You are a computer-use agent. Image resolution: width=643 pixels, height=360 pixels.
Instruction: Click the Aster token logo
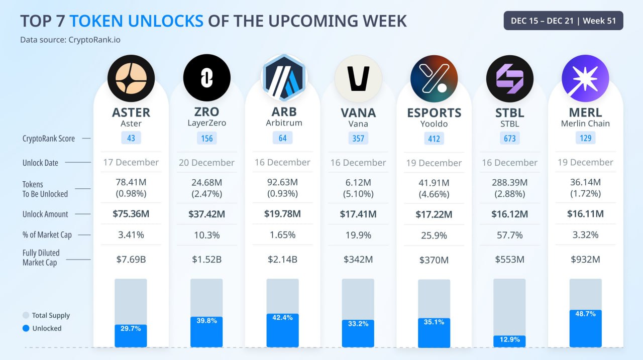131,78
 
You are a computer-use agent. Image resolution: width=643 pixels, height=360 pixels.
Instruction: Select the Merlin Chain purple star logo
585,78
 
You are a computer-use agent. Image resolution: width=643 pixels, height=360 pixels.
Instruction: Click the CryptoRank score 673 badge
509,138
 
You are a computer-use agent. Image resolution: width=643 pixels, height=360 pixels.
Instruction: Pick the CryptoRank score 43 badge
131,138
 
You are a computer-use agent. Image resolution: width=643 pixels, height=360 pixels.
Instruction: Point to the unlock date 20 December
206,163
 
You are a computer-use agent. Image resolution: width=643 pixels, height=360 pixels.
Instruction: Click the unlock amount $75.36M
131,214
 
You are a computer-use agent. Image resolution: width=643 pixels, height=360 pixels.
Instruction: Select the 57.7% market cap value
509,235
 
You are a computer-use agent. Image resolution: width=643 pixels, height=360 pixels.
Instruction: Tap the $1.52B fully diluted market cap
206,260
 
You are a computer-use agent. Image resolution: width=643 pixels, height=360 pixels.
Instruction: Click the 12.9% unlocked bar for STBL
509,341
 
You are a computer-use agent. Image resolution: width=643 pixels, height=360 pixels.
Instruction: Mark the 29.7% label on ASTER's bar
131,328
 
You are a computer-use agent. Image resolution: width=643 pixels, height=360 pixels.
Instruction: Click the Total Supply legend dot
26,315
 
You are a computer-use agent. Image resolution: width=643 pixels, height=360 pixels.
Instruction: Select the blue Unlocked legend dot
26,328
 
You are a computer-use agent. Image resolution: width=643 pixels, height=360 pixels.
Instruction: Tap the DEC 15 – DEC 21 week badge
563,21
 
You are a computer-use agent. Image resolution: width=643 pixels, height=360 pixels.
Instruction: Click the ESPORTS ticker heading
434,112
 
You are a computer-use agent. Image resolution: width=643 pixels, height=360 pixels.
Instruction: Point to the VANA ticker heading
358,112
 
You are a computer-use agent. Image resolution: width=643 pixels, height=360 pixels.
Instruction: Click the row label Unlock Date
40,163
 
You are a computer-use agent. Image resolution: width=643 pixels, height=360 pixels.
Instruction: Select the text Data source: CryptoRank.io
70,40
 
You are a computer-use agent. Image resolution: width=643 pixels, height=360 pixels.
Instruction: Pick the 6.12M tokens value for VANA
358,182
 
